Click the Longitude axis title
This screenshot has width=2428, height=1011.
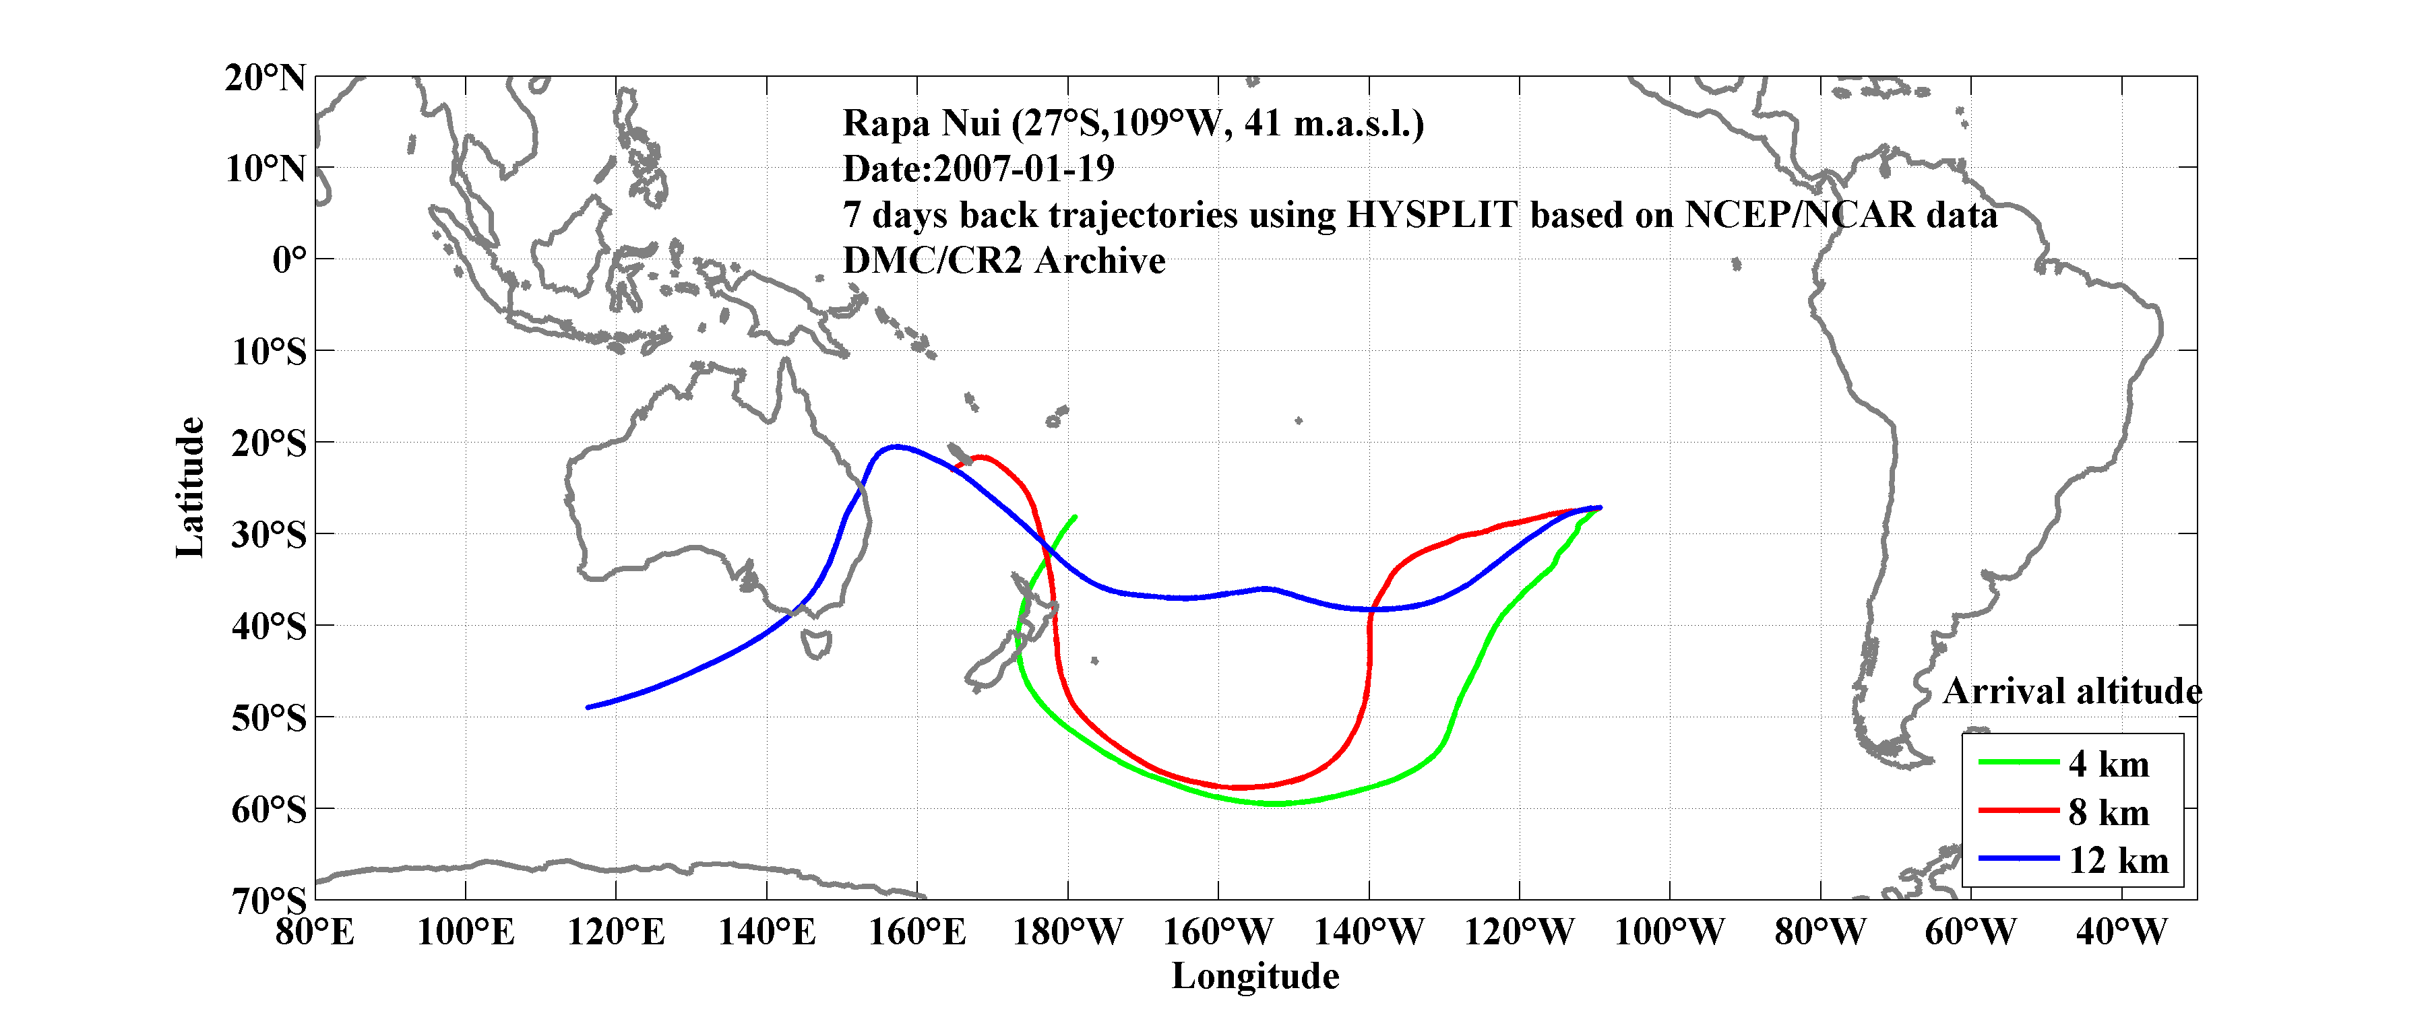pyautogui.click(x=1255, y=976)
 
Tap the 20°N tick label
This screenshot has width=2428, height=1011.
pyautogui.click(x=265, y=77)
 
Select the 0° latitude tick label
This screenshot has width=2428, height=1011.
pyautogui.click(x=288, y=260)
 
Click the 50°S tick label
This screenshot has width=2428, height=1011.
pyautogui.click(x=269, y=718)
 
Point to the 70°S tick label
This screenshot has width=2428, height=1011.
pyautogui.click(x=269, y=901)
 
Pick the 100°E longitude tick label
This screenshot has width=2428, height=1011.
pyautogui.click(x=466, y=933)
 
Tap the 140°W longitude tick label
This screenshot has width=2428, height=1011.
pyautogui.click(x=1369, y=933)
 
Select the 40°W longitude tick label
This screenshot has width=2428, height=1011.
pyautogui.click(x=2121, y=933)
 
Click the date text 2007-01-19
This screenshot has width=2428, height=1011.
pyautogui.click(x=1024, y=168)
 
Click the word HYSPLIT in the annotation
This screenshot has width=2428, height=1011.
pyautogui.click(x=1431, y=215)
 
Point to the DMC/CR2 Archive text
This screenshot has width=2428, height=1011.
pyautogui.click(x=1004, y=261)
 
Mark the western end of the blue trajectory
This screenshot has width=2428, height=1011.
pyautogui.click(x=588, y=707)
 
